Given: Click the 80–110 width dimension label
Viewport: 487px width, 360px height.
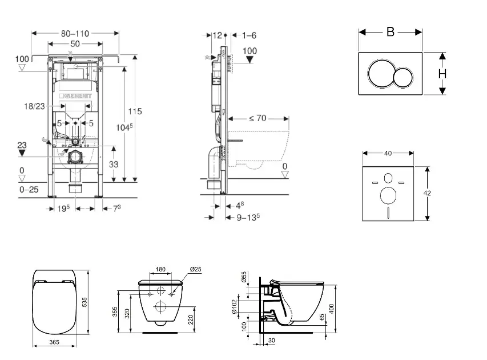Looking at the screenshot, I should click(x=76, y=34).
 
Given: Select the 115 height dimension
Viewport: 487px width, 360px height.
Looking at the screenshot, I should click(x=135, y=111).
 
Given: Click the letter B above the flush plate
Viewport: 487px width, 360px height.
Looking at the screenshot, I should click(x=391, y=32).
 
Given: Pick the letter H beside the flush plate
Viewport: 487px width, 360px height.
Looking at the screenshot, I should click(x=442, y=74).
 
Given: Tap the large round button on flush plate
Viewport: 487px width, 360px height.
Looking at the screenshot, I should click(x=381, y=75).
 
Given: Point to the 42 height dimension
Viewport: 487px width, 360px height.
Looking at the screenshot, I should click(x=427, y=193).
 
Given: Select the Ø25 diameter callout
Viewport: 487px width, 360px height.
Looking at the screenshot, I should click(x=196, y=269).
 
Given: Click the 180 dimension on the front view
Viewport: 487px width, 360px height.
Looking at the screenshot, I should click(x=160, y=269).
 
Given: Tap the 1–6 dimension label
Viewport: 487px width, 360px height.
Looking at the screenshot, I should click(x=249, y=35).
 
